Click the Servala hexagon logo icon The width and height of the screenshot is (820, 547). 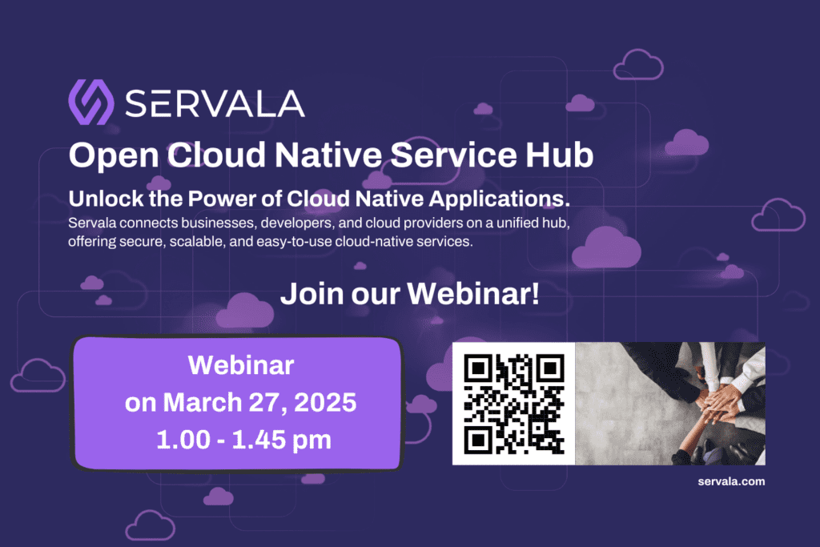click(91, 102)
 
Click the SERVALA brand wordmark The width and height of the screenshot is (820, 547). click(215, 103)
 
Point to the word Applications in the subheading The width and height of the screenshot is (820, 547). click(499, 199)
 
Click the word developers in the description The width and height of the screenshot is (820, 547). click(298, 223)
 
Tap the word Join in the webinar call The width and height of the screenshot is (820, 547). click(312, 294)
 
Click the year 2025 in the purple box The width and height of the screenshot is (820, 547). click(325, 403)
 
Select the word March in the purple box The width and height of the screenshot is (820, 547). click(203, 403)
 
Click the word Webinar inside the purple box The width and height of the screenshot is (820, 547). click(241, 365)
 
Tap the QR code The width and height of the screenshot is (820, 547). click(514, 404)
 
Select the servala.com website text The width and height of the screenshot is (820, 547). click(731, 481)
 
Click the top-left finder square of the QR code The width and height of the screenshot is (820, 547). click(477, 368)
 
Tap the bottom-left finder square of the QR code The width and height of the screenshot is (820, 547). click(477, 440)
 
